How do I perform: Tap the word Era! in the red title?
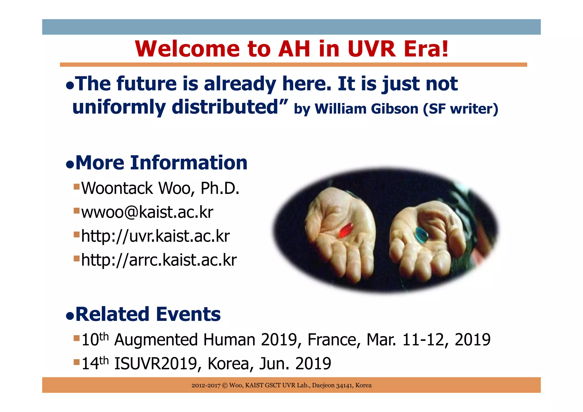(426, 49)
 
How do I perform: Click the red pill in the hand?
(346, 230)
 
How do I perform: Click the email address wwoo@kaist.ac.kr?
(147, 212)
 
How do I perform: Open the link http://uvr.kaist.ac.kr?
(155, 236)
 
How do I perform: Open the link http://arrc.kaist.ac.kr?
(159, 260)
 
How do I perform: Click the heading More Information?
(161, 163)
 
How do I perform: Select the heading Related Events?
(148, 314)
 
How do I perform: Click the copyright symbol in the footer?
(225, 386)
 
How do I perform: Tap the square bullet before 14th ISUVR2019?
(76, 362)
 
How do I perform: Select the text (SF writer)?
(460, 109)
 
